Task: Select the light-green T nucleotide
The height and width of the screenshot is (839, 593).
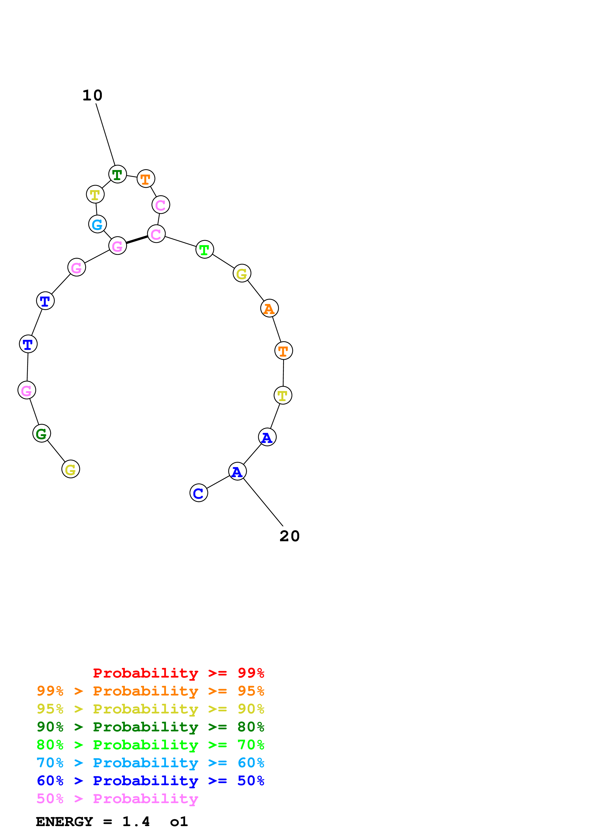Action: [x=205, y=250]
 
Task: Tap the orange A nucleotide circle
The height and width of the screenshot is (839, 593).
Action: [x=269, y=309]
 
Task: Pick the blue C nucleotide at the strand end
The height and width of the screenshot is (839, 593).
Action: [x=199, y=493]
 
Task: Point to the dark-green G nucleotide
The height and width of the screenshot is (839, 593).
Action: [x=42, y=433]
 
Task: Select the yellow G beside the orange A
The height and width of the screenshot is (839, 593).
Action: [x=242, y=273]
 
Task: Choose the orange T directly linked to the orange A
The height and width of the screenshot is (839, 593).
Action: [x=283, y=351]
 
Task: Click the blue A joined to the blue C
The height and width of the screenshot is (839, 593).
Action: [x=238, y=471]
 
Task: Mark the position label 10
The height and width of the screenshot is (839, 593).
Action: [x=92, y=96]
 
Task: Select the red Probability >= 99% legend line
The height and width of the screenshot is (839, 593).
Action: [x=178, y=673]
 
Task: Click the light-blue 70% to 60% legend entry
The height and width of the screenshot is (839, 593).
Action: [x=150, y=763]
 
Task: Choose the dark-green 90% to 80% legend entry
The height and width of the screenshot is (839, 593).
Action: [x=150, y=727]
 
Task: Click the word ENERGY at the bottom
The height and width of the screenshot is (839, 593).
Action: [x=64, y=822]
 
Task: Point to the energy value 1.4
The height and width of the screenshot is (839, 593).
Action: [x=136, y=822]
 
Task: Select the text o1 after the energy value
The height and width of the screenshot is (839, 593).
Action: [x=179, y=822]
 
